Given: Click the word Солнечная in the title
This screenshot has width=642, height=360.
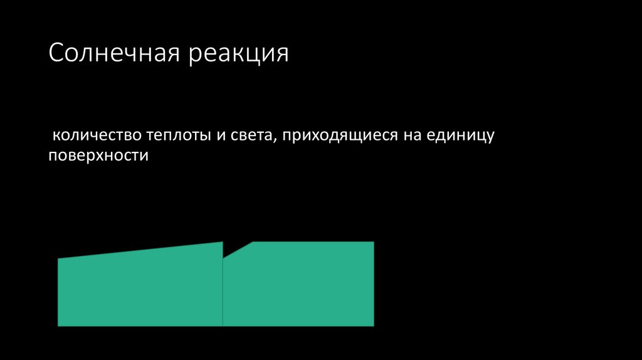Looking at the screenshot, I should click(x=115, y=53).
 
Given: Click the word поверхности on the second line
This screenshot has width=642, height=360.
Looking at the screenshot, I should click(x=98, y=156).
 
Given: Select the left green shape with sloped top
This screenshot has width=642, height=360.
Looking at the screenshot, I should click(x=140, y=289).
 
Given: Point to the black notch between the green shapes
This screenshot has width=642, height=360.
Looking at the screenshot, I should click(x=233, y=246).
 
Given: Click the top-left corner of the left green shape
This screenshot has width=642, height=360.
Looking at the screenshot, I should click(x=59, y=259).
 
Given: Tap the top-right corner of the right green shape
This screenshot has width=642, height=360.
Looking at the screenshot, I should click(x=373, y=243).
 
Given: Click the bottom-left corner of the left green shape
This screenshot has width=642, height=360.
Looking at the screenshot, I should click(x=59, y=325).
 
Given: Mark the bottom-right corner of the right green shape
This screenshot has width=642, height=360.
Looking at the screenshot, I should click(x=373, y=325).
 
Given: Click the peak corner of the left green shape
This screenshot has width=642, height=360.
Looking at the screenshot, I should click(x=222, y=243).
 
